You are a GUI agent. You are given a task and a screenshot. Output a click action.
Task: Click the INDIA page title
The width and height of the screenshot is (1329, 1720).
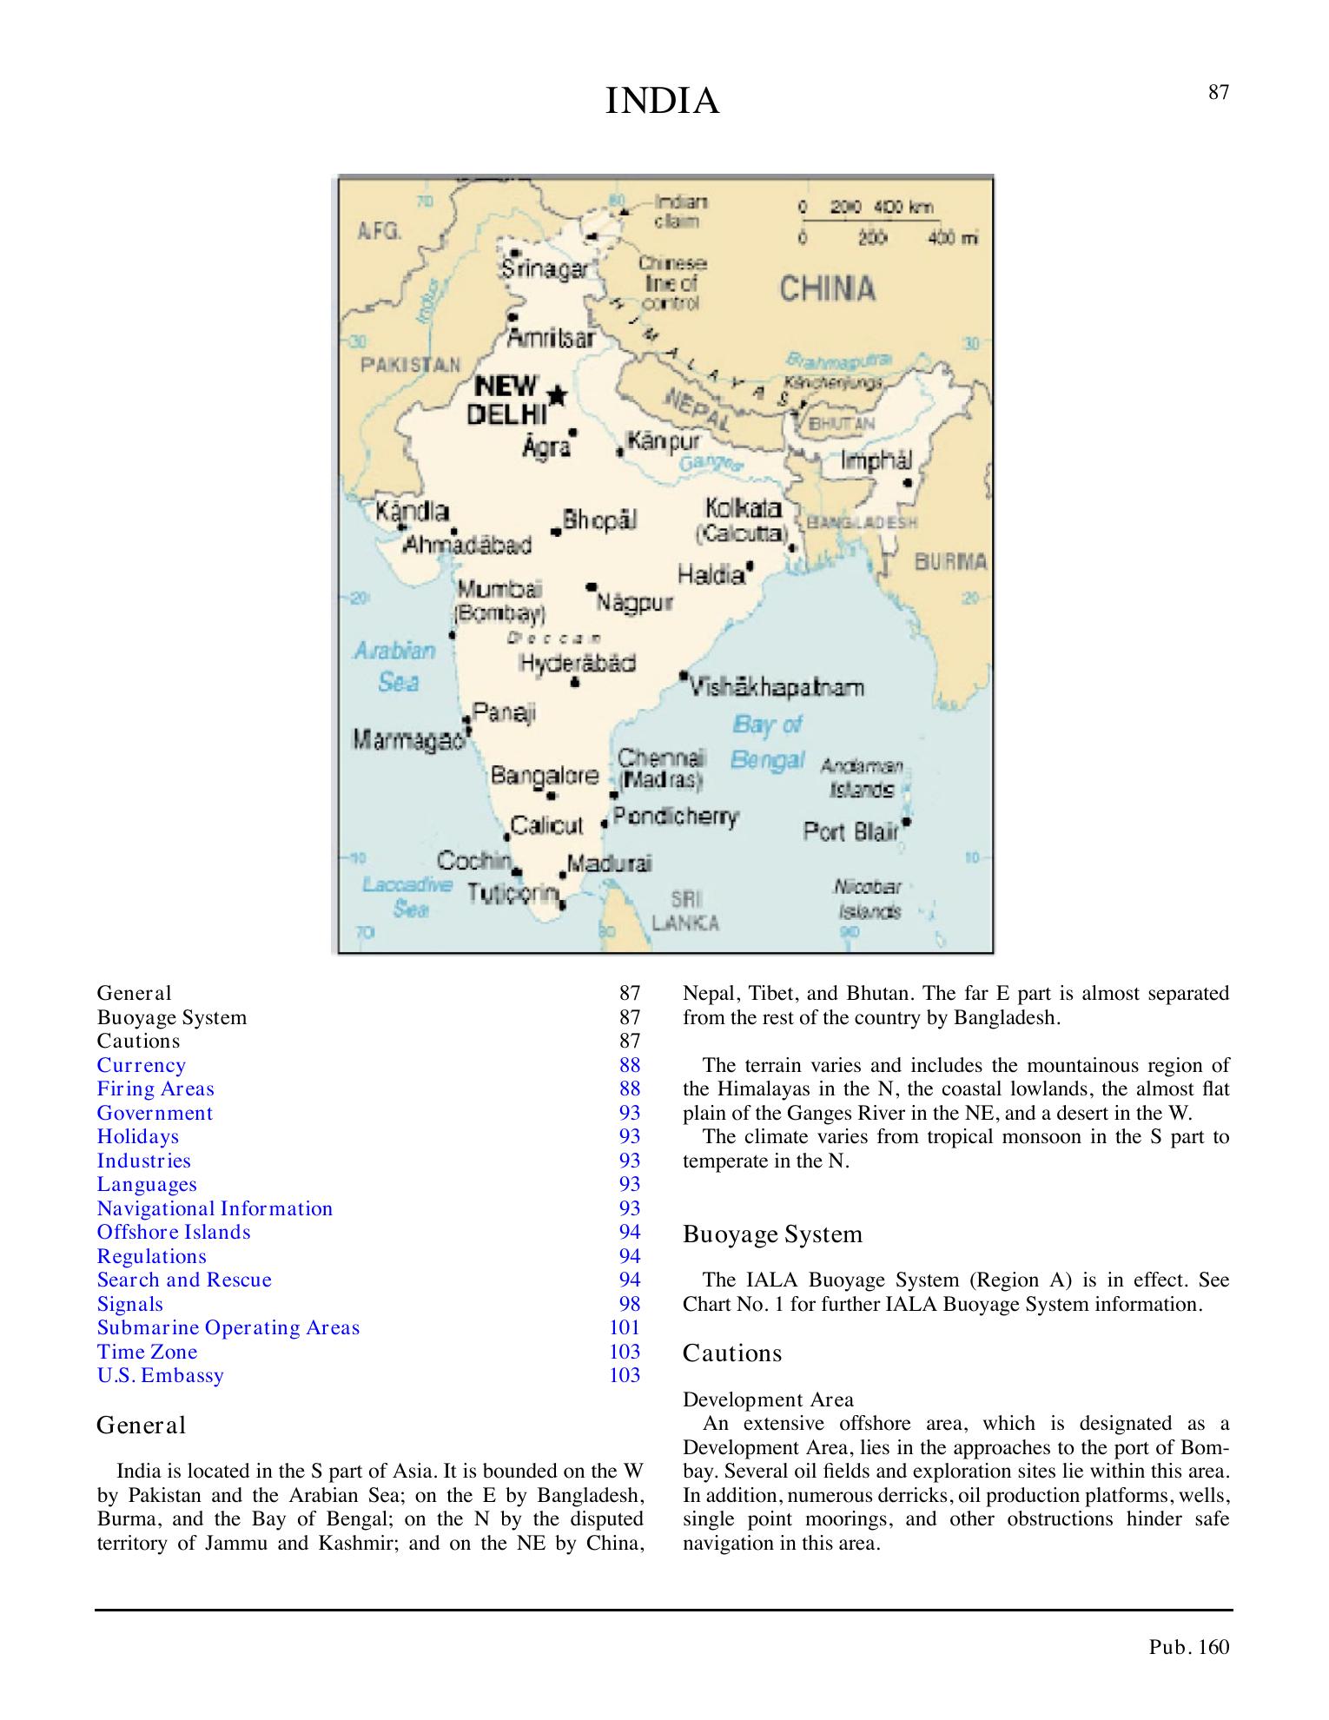tap(662, 102)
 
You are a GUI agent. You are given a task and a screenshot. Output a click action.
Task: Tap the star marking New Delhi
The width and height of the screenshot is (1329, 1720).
tap(557, 395)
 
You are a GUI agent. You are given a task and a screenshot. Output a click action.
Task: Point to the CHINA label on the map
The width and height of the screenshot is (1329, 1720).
tap(826, 288)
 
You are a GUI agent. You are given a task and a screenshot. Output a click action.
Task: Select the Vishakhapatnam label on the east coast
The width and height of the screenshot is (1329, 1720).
tap(777, 688)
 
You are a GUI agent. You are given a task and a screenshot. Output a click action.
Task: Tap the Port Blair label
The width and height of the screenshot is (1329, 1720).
tap(851, 831)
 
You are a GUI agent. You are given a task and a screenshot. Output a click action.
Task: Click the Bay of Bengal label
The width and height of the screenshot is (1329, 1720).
tap(767, 742)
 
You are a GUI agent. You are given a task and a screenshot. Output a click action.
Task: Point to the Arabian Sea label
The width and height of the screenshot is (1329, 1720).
tap(395, 665)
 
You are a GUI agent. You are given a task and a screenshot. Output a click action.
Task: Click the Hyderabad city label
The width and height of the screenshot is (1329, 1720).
tap(577, 664)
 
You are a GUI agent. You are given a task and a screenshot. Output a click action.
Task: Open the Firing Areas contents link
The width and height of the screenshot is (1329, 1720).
tap(155, 1088)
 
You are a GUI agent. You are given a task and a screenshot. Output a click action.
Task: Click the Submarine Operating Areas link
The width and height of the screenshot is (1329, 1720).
tap(228, 1327)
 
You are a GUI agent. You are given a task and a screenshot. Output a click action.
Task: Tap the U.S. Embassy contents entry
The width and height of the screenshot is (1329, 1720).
tap(160, 1375)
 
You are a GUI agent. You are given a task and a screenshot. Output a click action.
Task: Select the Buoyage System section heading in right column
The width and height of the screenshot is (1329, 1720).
tap(772, 1234)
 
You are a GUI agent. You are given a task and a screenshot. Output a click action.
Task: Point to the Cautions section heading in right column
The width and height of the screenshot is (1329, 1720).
tap(732, 1353)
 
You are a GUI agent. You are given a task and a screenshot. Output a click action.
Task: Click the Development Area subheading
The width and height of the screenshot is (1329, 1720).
tap(768, 1399)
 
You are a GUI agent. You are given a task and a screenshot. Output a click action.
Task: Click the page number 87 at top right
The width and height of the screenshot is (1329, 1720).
tap(1219, 93)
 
